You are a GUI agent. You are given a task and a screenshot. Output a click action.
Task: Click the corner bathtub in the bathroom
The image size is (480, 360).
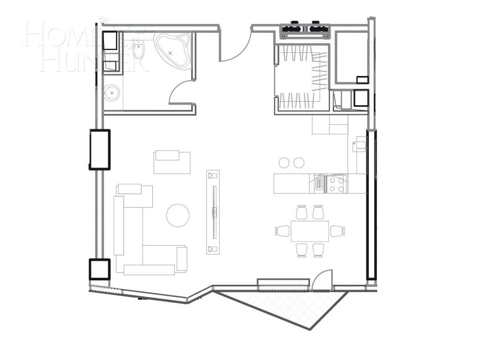(173, 50)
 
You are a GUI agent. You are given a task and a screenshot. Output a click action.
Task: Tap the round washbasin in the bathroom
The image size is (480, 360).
(112, 93)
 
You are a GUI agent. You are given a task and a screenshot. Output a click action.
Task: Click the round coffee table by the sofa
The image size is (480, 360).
(178, 216)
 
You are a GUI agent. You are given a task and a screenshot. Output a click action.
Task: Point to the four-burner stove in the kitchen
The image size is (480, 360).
(336, 183)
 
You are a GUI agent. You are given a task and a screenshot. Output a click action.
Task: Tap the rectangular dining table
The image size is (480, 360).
(309, 231)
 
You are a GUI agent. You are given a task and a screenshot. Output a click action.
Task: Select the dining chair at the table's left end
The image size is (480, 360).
(283, 231)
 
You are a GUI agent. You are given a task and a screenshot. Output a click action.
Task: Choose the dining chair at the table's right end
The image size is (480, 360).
(337, 231)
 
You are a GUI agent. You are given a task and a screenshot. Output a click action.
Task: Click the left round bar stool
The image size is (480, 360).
(284, 163)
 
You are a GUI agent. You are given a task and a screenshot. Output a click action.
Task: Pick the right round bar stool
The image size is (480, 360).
(299, 163)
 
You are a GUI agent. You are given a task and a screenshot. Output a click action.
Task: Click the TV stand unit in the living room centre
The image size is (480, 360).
(213, 212)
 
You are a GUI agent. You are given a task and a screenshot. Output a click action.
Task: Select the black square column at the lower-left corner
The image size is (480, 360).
(99, 270)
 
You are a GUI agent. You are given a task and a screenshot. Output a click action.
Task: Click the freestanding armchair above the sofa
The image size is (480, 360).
(172, 162)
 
